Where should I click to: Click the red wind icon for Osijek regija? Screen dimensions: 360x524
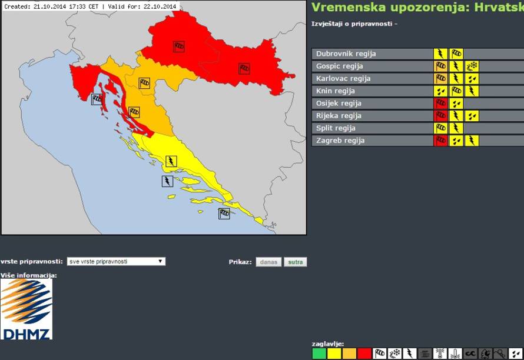(x=440, y=104)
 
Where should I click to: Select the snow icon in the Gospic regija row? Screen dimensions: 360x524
(x=472, y=66)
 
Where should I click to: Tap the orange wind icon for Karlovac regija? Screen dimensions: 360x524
(x=440, y=79)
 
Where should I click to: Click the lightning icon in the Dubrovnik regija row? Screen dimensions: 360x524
(x=440, y=54)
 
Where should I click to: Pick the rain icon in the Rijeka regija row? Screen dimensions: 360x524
(x=472, y=116)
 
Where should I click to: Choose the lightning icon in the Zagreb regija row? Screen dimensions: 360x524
(x=472, y=141)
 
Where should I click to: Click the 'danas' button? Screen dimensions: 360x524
(x=268, y=262)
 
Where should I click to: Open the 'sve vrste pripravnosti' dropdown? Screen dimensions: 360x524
(x=115, y=262)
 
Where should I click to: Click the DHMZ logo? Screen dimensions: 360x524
(x=26, y=309)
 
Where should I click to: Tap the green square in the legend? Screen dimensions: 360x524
(x=319, y=354)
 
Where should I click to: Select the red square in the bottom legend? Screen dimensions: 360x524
(x=364, y=354)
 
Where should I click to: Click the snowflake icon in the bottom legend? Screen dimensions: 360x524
(x=395, y=354)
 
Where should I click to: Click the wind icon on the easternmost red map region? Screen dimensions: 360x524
(x=244, y=69)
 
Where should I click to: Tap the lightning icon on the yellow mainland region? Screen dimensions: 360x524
(x=171, y=161)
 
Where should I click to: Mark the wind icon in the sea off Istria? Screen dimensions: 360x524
(x=97, y=99)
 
